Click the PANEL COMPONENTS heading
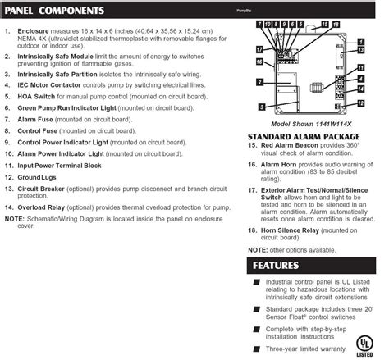click(x=57, y=12)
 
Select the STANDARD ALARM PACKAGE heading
click(x=304, y=135)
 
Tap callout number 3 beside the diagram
click(x=261, y=107)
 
